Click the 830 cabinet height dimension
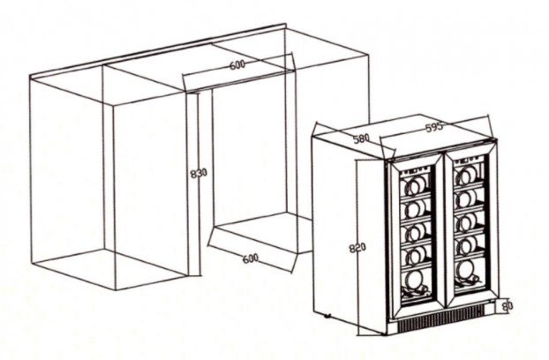(x=199, y=173)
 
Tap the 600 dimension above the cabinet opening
(x=237, y=64)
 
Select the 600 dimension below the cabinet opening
(x=250, y=259)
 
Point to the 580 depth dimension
(x=361, y=139)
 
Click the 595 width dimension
(x=434, y=128)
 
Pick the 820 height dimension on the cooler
(x=357, y=248)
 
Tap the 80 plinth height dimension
(x=508, y=306)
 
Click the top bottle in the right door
(x=465, y=176)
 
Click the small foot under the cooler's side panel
(x=327, y=316)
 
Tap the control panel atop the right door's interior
(x=468, y=160)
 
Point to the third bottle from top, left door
(x=413, y=231)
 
